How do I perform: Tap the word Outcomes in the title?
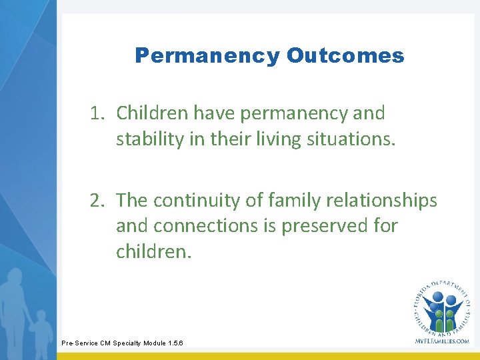tap(345, 55)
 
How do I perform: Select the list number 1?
tap(97, 113)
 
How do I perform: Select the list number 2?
tap(97, 200)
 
